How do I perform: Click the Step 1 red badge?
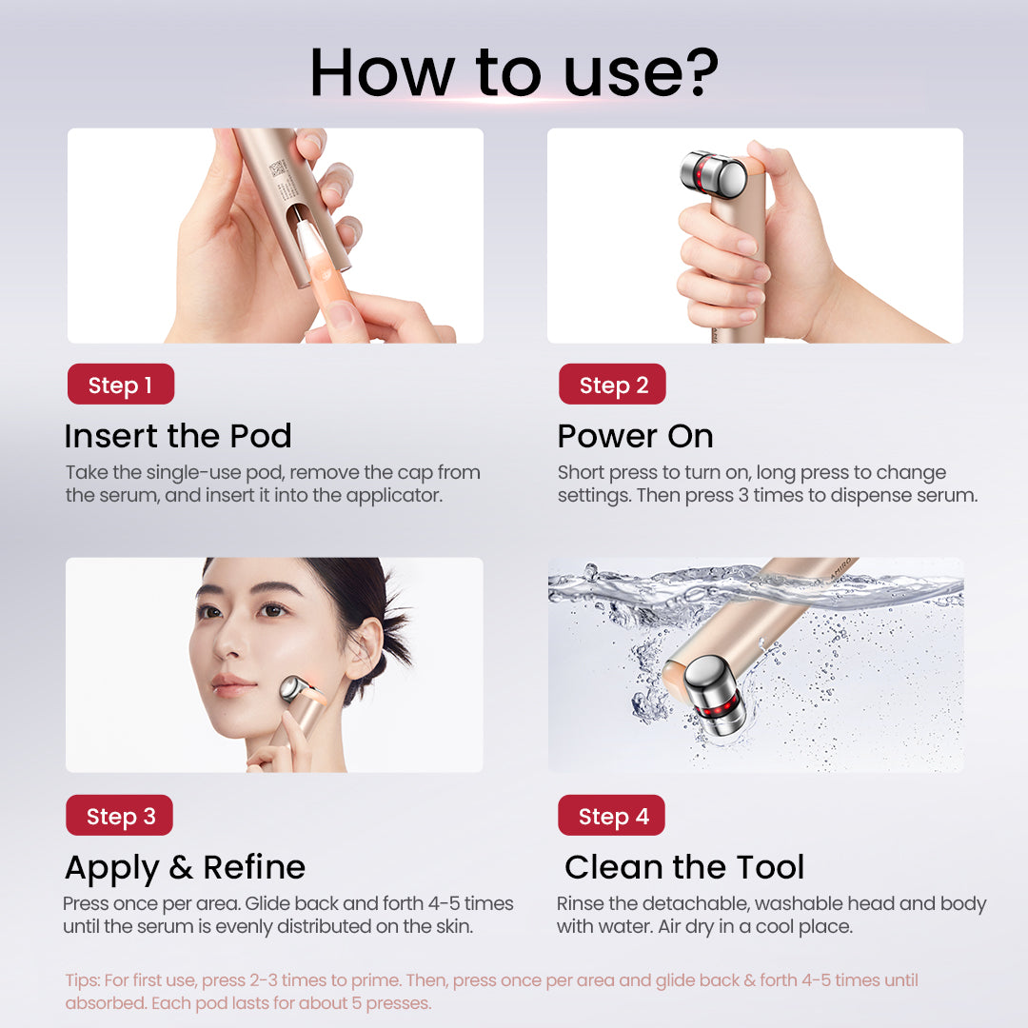pyautogui.click(x=120, y=385)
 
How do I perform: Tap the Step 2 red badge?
pyautogui.click(x=612, y=385)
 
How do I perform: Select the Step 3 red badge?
pyautogui.click(x=120, y=816)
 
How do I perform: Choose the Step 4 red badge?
pyautogui.click(x=612, y=816)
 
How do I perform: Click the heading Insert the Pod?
pyautogui.click(x=178, y=436)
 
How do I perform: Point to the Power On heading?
pyautogui.click(x=635, y=436)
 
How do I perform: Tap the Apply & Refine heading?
pyautogui.click(x=185, y=867)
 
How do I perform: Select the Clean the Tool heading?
pyautogui.click(x=684, y=867)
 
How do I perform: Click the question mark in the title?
pyautogui.click(x=701, y=71)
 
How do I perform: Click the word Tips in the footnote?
pyautogui.click(x=82, y=980)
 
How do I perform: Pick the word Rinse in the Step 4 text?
pyautogui.click(x=579, y=903)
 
